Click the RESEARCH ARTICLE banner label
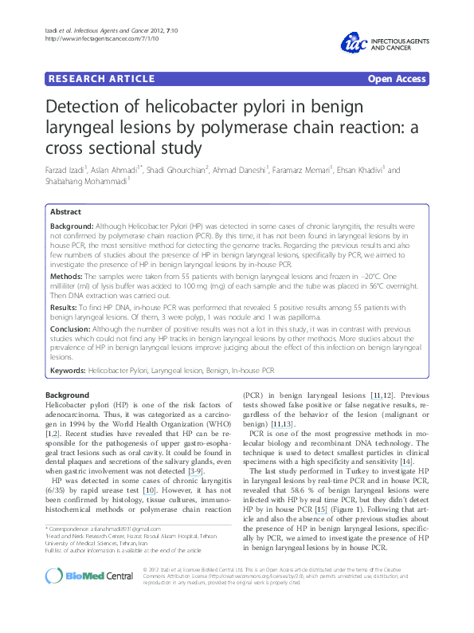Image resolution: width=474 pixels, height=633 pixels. pyautogui.click(x=100, y=79)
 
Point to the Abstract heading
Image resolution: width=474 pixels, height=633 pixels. pyautogui.click(x=66, y=212)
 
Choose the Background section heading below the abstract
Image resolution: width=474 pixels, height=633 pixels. pyautogui.click(x=68, y=395)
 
